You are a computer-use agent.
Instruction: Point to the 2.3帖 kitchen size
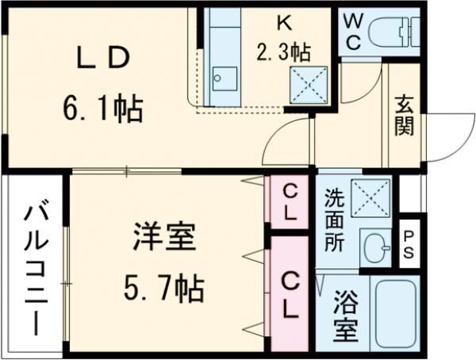[282, 52]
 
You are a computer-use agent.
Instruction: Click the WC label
[353, 33]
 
